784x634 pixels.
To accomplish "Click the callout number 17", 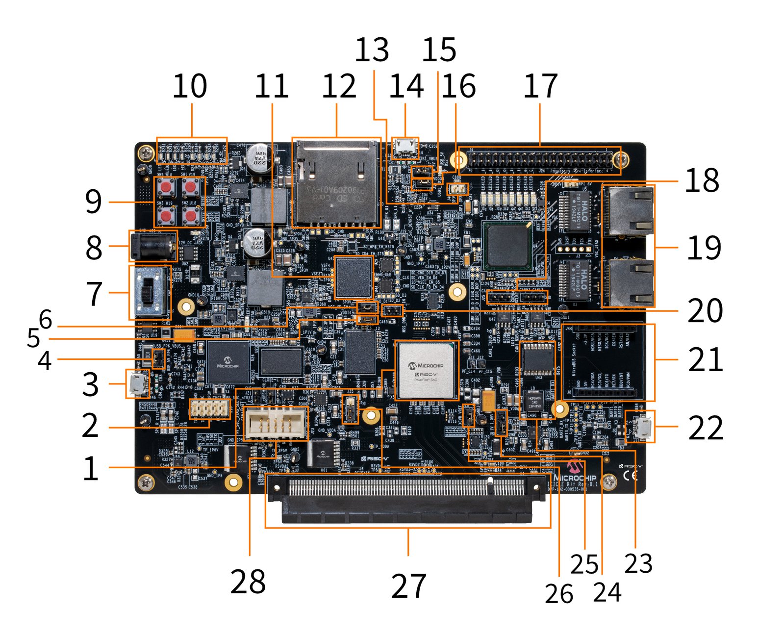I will [x=540, y=86].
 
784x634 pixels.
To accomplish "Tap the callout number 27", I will [x=408, y=585].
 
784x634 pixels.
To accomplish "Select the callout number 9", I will [x=93, y=202].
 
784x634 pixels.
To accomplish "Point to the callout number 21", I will [x=705, y=359].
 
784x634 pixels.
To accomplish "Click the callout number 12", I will [x=338, y=86].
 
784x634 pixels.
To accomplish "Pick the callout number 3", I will [x=90, y=384].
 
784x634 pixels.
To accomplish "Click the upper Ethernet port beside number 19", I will [x=630, y=211].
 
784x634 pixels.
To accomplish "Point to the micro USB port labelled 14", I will [x=405, y=148].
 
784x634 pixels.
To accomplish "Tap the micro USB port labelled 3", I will [x=137, y=383].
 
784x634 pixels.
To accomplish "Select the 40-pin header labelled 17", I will [x=539, y=160].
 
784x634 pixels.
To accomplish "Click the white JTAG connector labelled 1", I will [x=276, y=423].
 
